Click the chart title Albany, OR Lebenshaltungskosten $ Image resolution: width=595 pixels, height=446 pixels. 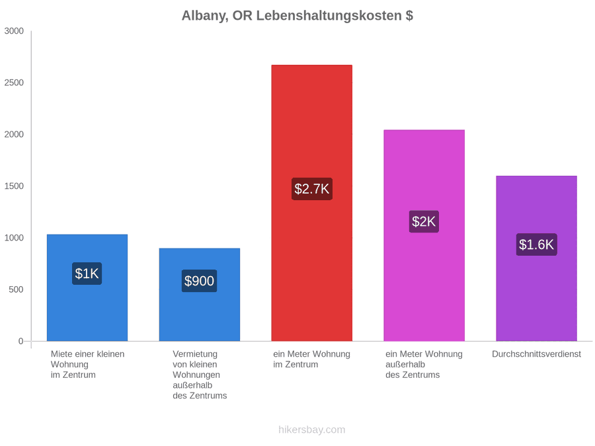297,16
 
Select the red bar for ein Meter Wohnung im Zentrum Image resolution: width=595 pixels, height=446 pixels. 311,203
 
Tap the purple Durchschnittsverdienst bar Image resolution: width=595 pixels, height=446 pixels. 536,258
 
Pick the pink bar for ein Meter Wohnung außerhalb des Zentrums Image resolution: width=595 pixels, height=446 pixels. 424,235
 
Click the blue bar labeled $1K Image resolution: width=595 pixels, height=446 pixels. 87,287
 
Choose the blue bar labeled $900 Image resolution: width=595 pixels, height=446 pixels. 199,295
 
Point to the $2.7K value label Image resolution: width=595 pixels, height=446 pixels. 312,189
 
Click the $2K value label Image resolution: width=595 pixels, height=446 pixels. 424,221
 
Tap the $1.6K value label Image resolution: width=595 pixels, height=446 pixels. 537,244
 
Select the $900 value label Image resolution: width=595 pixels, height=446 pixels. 199,281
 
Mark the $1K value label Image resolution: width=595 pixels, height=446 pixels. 87,274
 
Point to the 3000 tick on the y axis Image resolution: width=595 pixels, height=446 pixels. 14,31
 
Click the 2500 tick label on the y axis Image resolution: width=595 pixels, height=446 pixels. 14,83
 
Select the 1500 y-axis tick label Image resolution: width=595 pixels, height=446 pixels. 14,186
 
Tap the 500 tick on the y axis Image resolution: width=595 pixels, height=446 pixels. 17,290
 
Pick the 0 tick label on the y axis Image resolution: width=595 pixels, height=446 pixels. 21,342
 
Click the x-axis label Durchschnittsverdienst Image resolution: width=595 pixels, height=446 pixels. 536,354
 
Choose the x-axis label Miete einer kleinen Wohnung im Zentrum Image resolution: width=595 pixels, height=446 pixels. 88,365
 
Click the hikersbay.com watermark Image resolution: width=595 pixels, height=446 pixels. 312,429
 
